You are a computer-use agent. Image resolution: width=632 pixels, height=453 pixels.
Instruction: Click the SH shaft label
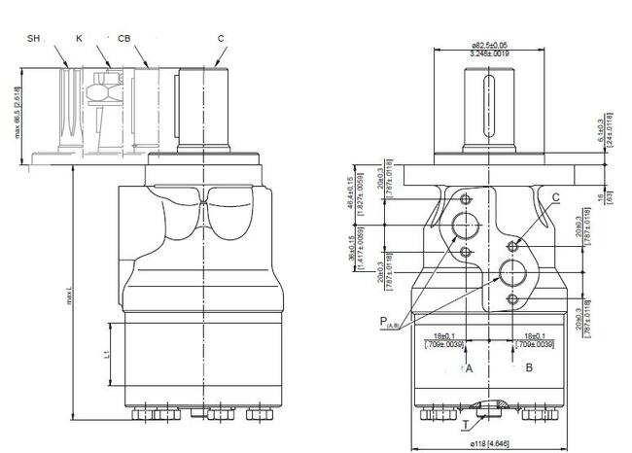(34, 38)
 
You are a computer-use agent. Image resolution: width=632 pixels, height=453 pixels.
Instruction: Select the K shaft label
(80, 38)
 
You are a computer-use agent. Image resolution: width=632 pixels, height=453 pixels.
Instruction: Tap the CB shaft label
(123, 38)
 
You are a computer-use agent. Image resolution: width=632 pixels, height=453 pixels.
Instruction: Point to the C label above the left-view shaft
(221, 38)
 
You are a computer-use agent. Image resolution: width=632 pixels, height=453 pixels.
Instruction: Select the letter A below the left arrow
(468, 369)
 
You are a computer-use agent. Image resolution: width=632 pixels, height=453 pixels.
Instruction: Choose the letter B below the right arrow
(528, 369)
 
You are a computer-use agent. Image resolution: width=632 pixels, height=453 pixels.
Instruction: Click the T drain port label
(468, 424)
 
